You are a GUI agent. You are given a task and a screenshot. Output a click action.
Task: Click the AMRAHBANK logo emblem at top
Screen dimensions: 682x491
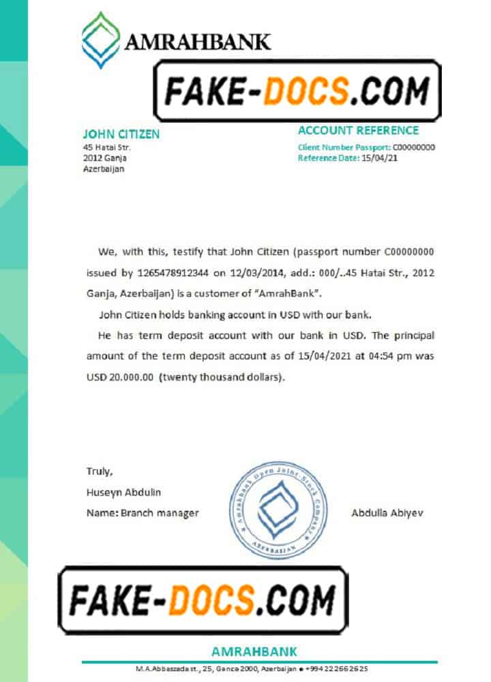point(101,40)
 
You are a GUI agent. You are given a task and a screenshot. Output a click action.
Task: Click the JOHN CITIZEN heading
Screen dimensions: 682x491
point(121,134)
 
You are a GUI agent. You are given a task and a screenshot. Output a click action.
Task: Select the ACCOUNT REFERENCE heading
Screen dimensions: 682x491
point(358,130)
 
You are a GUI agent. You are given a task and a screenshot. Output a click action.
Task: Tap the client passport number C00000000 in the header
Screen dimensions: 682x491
point(414,147)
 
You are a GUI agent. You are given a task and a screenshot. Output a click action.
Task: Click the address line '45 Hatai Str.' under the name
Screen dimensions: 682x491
point(106,147)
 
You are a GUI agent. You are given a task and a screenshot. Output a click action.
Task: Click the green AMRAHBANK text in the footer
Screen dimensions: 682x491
point(254,651)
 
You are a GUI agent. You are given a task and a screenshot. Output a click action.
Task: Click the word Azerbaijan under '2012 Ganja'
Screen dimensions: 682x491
point(104,169)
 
